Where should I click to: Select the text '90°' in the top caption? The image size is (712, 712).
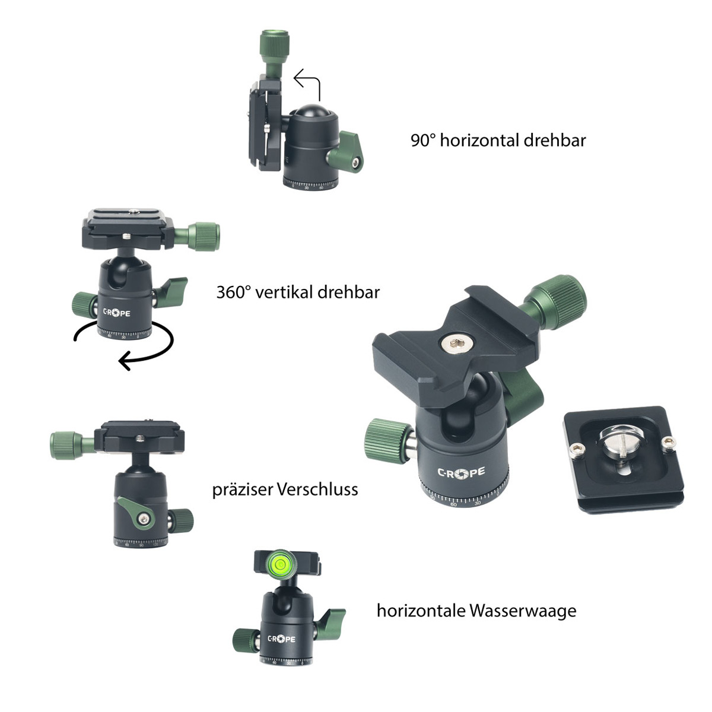pos(423,141)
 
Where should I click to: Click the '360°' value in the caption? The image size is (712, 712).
pos(234,293)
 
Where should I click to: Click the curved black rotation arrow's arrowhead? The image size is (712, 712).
pos(125,359)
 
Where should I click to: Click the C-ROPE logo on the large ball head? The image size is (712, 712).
pos(461,473)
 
